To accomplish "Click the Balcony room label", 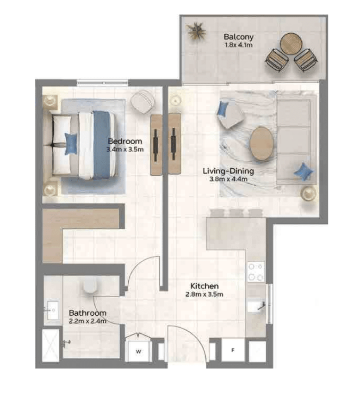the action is pos(238,37).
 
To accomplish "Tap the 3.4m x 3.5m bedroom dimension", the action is pos(125,149).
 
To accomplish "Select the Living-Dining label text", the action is pos(228,171).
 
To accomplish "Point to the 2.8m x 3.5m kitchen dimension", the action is pos(204,294).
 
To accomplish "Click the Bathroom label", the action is pos(87,313).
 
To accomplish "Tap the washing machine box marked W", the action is pos(139,351).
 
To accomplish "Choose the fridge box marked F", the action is pos(233,350).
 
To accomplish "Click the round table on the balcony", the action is pos(291,43).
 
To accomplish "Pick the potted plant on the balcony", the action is pos(196,31).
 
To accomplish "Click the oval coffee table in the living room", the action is pos(261,144).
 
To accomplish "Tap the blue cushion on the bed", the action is pos(71,144).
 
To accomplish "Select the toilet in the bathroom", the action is pos(90,287).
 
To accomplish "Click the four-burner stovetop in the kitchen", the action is pos(256,272).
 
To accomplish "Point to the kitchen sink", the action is pos(256,306).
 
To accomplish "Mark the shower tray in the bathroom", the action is pos(50,345).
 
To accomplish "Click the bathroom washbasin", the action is pos(53,310).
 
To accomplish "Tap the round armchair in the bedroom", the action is pos(143,102).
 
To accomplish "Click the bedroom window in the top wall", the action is pos(103,82).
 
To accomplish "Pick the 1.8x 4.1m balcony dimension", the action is pos(239,45).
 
